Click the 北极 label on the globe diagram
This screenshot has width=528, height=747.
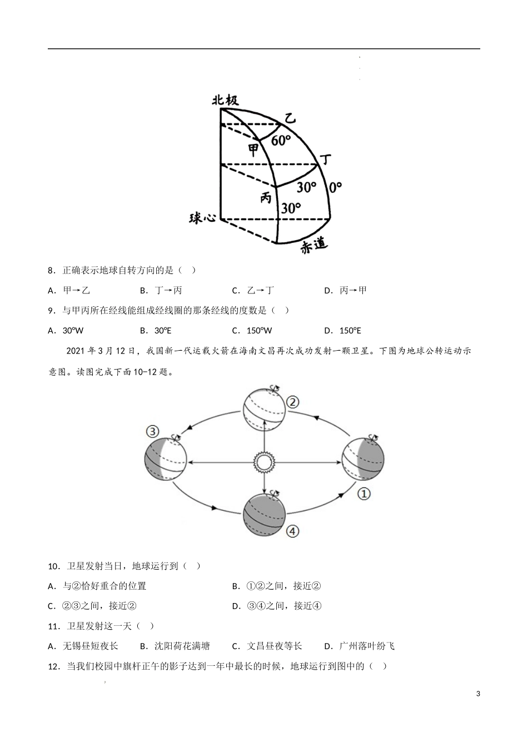point(225,100)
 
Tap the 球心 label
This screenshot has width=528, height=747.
point(202,218)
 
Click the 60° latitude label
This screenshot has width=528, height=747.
point(281,140)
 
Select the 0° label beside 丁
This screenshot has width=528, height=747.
point(335,187)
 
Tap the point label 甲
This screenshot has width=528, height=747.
point(253,150)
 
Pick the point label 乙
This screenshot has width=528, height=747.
point(290,118)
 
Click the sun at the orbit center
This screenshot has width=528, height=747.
point(264,462)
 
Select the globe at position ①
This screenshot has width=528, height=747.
point(363,459)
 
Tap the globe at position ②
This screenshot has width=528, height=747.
point(265,410)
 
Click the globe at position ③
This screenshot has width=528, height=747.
point(165,459)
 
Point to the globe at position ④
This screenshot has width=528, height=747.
point(265,515)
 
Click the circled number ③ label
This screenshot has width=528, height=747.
point(152,431)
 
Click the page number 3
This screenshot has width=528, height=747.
point(478,693)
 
